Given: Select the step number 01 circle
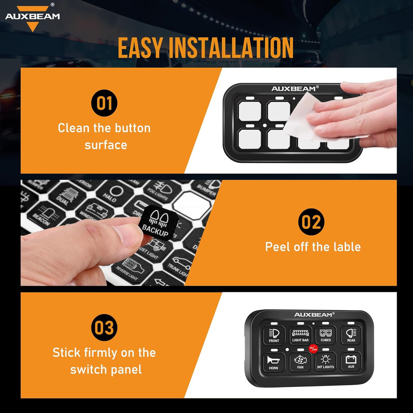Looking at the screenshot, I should [104, 103].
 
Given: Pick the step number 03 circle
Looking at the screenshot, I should [104, 328].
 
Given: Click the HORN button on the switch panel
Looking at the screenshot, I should [274, 361].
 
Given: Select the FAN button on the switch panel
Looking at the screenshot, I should [300, 361].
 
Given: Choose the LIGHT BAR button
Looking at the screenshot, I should [300, 335].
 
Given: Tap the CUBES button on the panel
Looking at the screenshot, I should [326, 335].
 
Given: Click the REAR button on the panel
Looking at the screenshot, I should [351, 335].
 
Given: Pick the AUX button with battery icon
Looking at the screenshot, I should [351, 361].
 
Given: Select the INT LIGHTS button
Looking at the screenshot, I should [325, 361].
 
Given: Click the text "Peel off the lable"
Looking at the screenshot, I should [313, 247].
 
